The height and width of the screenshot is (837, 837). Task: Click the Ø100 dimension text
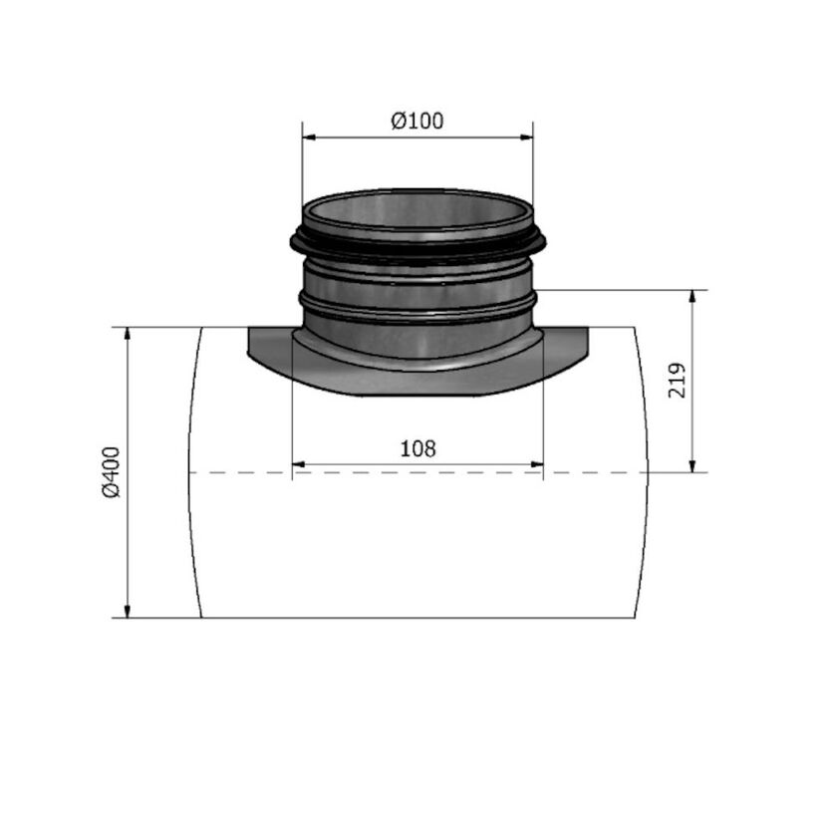[x=418, y=122]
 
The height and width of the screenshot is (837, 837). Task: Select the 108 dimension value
[x=418, y=448]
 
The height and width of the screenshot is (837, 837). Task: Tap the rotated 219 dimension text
[x=677, y=381]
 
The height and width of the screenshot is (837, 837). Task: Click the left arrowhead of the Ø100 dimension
[x=308, y=138]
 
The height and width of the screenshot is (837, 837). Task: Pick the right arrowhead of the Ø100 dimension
[x=527, y=138]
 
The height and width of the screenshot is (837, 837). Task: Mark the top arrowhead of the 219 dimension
[x=693, y=297]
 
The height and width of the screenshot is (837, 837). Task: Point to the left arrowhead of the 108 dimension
[x=298, y=463]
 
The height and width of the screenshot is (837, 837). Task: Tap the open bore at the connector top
[x=418, y=211]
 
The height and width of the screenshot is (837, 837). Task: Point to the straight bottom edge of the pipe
[x=418, y=618]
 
